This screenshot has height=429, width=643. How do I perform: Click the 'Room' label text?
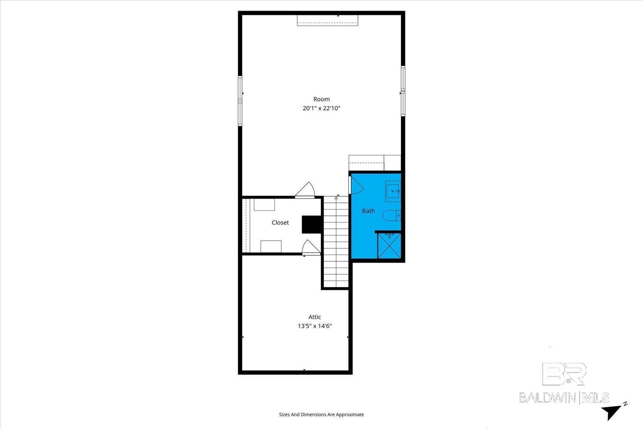pos(321,99)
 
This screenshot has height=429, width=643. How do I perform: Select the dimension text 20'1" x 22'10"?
pos(321,108)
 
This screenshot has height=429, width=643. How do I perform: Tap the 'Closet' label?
pos(280,222)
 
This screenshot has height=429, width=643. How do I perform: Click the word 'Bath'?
pos(369,211)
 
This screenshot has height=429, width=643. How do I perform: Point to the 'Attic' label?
pos(315,317)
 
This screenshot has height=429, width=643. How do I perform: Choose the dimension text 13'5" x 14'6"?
pos(315,326)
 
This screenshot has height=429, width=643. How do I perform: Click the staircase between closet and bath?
pos(336,241)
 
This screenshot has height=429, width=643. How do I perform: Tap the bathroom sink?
pos(393,191)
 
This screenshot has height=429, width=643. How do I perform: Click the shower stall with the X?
pos(389,245)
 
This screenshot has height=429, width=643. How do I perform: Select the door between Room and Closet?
pos(305,190)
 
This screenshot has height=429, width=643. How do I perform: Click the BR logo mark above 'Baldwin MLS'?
pos(564,374)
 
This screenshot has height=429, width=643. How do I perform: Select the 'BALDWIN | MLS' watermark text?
pos(564,398)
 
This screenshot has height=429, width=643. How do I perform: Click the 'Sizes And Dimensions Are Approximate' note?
pos(321,415)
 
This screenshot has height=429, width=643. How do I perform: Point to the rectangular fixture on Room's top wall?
pos(328,21)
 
